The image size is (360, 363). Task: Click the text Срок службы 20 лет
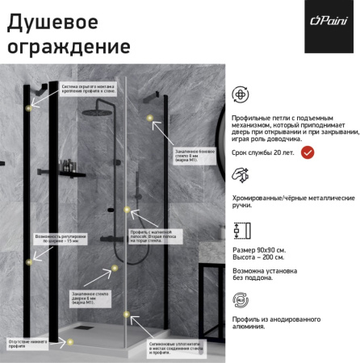click(273, 152)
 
